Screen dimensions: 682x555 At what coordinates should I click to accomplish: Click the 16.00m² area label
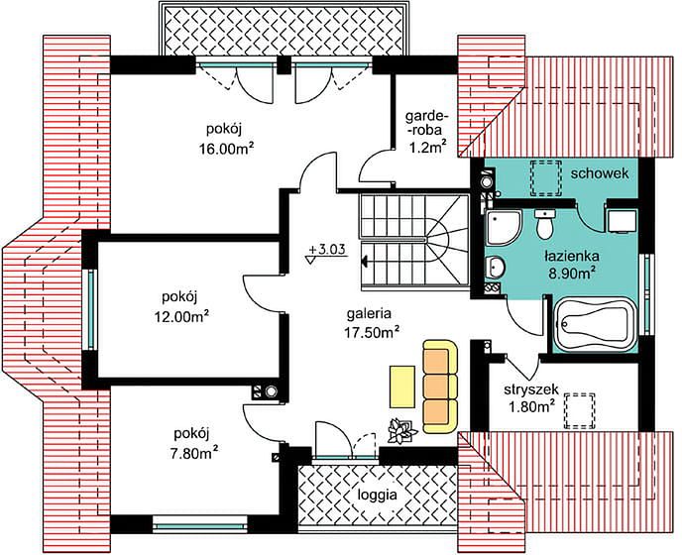tap(227, 150)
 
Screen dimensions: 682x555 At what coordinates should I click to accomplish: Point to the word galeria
tap(370, 313)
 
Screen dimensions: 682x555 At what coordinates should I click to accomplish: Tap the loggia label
tap(377, 495)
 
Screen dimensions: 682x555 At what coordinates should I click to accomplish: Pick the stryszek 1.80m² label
tap(529, 397)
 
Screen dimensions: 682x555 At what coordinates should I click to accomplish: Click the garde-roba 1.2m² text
tap(426, 131)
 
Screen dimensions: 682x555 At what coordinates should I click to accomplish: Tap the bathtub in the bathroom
tap(595, 324)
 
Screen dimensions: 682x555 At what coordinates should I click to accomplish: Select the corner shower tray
tap(503, 227)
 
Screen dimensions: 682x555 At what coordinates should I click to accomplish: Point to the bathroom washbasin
tap(495, 266)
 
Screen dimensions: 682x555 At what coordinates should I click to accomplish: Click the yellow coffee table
tap(401, 387)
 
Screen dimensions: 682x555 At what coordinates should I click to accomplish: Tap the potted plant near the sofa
tap(401, 430)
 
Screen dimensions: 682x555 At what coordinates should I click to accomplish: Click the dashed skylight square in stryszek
tap(579, 411)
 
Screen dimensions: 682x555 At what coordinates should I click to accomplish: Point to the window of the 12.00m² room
tap(91, 309)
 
